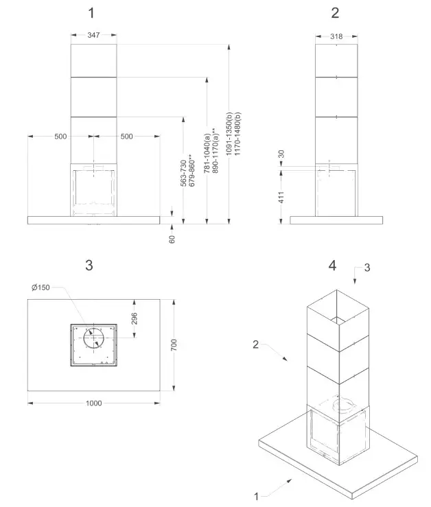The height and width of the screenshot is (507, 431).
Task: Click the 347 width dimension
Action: [x=94, y=34]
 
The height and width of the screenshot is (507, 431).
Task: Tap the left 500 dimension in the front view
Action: [x=60, y=136]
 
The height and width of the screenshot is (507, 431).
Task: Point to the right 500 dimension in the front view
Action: [x=127, y=136]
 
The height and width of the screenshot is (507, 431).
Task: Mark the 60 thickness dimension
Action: [x=172, y=239]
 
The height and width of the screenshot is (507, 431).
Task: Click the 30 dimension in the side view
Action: [x=281, y=154]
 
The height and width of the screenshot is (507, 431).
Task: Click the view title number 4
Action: [x=332, y=264]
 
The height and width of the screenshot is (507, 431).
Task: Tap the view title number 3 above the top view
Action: [x=89, y=265]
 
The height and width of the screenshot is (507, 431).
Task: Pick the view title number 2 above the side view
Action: [x=335, y=12]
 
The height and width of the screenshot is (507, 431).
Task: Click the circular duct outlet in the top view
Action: [x=93, y=338]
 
